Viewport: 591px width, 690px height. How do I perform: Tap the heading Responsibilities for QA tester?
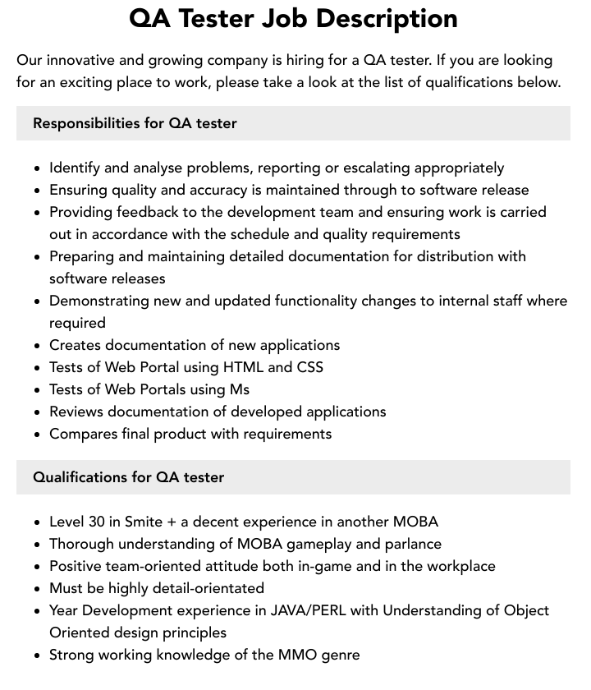135,123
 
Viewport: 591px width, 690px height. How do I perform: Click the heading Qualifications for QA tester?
128,477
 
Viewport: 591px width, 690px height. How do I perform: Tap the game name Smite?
144,522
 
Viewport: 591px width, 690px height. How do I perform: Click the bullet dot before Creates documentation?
37,346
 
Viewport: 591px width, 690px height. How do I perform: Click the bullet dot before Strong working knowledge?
37,655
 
